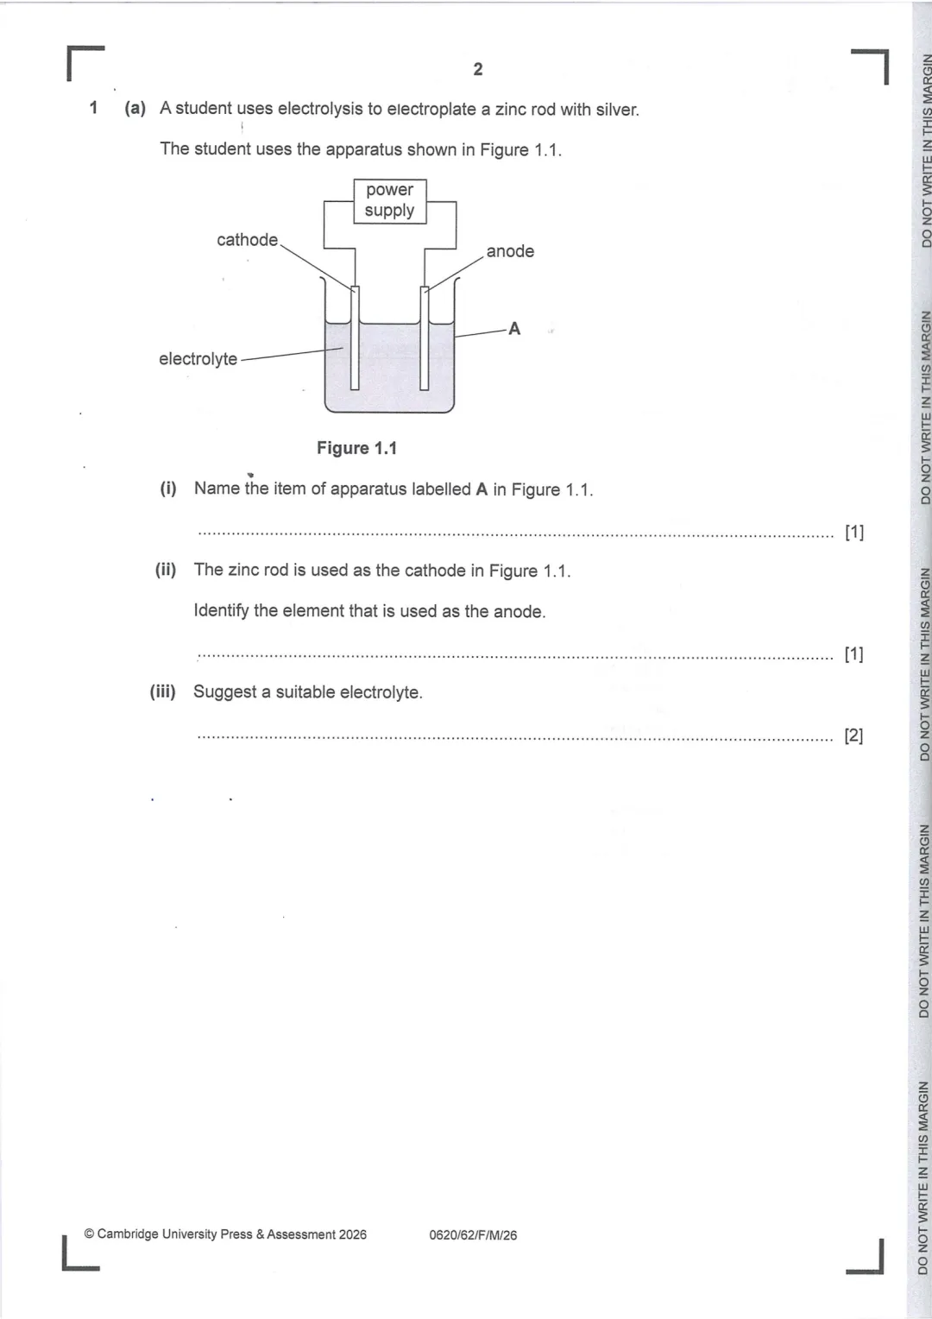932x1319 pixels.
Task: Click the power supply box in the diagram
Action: [x=389, y=200]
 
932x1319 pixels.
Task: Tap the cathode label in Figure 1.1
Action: [x=247, y=240]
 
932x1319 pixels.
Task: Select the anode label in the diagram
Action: [x=510, y=251]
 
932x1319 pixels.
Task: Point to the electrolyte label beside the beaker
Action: [x=198, y=359]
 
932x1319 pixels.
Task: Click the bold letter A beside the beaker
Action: [x=514, y=329]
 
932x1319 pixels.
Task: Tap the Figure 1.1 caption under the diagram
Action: [x=356, y=448]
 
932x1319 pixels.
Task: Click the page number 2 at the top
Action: [x=478, y=70]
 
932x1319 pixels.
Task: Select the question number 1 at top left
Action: [x=94, y=109]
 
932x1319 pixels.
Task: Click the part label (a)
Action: [x=135, y=109]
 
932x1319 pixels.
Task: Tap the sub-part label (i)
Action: [x=167, y=489]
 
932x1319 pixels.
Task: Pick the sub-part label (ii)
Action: [x=166, y=570]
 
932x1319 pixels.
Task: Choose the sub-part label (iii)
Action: [x=163, y=691]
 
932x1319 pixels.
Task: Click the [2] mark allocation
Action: [x=853, y=735]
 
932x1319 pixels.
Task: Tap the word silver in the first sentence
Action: [x=617, y=110]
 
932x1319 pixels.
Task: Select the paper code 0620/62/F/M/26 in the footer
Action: [x=473, y=1235]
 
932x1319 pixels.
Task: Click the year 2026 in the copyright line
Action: [x=352, y=1234]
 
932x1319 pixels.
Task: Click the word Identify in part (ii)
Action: [x=221, y=611]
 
